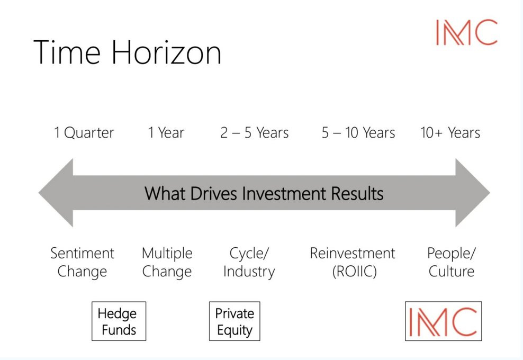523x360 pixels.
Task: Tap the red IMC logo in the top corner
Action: click(466, 32)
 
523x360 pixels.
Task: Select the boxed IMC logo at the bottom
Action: click(443, 321)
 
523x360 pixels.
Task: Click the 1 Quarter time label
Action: click(84, 132)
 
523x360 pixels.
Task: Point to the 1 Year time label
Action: click(166, 132)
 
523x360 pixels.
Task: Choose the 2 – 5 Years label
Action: click(254, 132)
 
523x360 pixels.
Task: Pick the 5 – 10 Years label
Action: click(358, 132)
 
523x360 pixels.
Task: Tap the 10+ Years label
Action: click(450, 132)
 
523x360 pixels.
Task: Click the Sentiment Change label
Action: click(82, 263)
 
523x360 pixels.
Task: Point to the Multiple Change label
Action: click(167, 263)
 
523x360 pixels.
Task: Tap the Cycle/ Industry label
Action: click(249, 263)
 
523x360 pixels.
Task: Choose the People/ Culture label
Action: click(452, 263)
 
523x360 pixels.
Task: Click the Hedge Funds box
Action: click(119, 321)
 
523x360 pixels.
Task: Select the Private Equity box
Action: click(235, 321)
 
